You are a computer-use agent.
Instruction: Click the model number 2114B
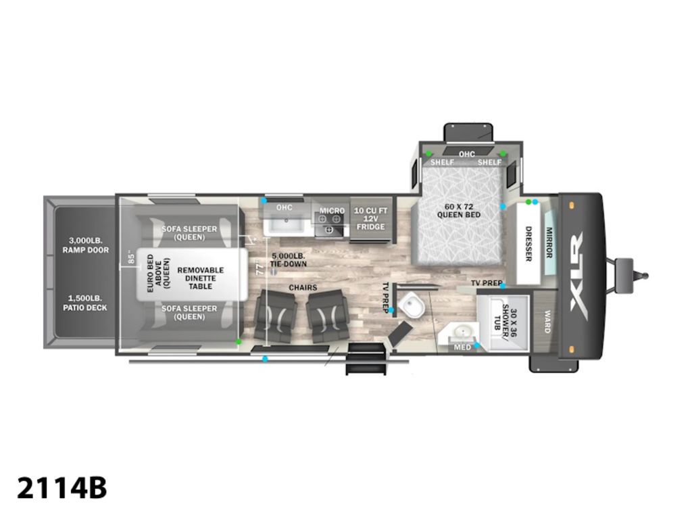[x=62, y=488]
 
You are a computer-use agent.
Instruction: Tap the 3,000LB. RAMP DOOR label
[x=85, y=245]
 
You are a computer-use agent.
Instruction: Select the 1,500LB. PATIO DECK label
[x=85, y=303]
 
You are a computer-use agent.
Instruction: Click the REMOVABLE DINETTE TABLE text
[x=201, y=278]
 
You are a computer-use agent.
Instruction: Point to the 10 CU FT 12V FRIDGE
[x=371, y=218]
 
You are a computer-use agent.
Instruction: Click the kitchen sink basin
[x=287, y=224]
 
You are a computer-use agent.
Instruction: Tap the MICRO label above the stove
[x=331, y=211]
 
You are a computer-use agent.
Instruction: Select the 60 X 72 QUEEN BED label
[x=459, y=211]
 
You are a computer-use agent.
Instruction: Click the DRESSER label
[x=528, y=243]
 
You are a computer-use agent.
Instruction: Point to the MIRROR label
[x=549, y=243]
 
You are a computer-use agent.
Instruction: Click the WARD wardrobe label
[x=547, y=321]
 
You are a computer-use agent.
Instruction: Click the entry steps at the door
[x=366, y=358]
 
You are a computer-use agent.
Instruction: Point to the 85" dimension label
[x=130, y=258]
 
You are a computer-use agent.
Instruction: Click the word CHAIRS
[x=303, y=288]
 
